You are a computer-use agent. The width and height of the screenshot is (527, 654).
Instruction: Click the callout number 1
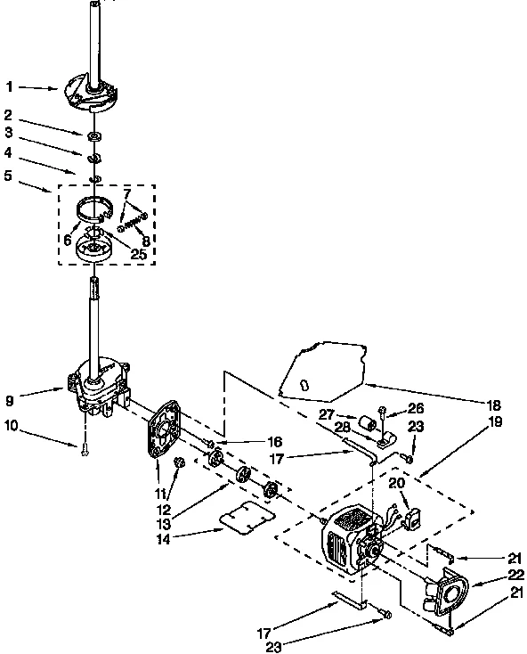(8, 86)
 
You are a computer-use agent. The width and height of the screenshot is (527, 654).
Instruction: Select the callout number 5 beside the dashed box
(8, 176)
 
